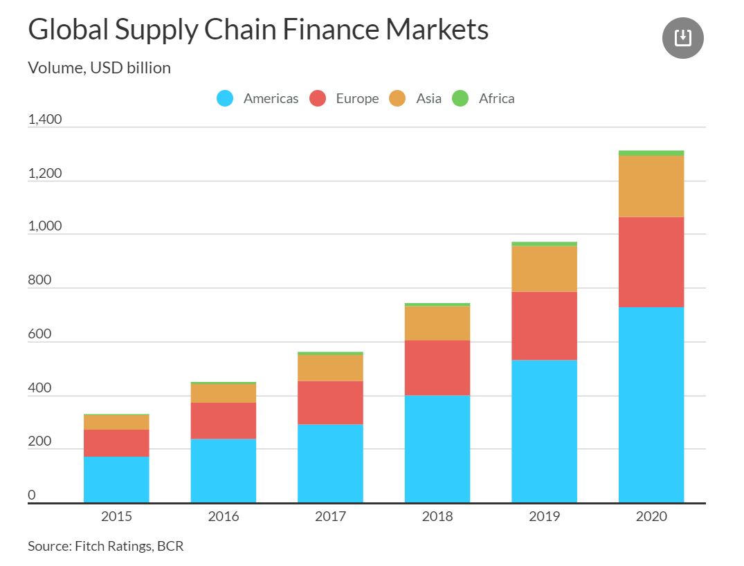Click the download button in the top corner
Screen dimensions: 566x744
tap(682, 37)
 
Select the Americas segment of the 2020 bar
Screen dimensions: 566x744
tap(651, 405)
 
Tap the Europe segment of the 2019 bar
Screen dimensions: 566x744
tap(544, 325)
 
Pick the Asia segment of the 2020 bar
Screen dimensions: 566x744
tap(651, 186)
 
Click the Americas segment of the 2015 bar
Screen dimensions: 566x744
tap(116, 479)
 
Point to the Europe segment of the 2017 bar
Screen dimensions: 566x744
tap(330, 402)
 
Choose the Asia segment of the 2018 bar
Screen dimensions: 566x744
tap(437, 322)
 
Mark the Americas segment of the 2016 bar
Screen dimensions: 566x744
tap(223, 471)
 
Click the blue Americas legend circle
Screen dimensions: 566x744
tap(225, 98)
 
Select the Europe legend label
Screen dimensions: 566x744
tap(357, 98)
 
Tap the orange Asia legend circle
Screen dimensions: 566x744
tap(397, 98)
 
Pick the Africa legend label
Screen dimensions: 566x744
tap(496, 98)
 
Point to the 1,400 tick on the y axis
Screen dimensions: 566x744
tap(45, 119)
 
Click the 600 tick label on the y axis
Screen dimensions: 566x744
tap(40, 334)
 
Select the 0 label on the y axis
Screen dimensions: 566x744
tap(32, 495)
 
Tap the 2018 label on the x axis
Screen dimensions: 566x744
tap(437, 516)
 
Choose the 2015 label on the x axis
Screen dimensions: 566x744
tap(116, 516)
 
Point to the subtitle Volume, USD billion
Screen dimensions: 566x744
tap(99, 68)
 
